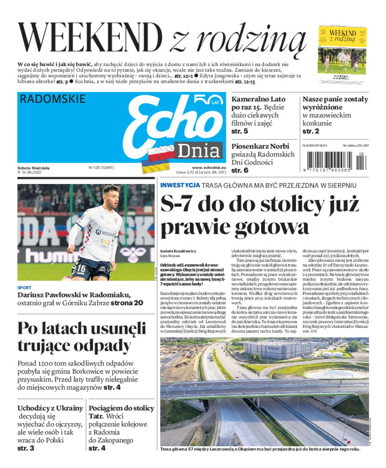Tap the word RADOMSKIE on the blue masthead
(53, 99)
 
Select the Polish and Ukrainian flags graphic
(156, 160)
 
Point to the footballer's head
(111, 196)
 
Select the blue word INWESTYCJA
(180, 185)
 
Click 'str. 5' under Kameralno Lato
(239, 131)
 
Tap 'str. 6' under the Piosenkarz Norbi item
(239, 170)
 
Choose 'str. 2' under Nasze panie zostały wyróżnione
(311, 131)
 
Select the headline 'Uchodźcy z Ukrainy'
(50, 408)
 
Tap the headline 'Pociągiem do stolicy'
(121, 408)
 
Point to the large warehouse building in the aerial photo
(273, 350)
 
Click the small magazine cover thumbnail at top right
(342, 48)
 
